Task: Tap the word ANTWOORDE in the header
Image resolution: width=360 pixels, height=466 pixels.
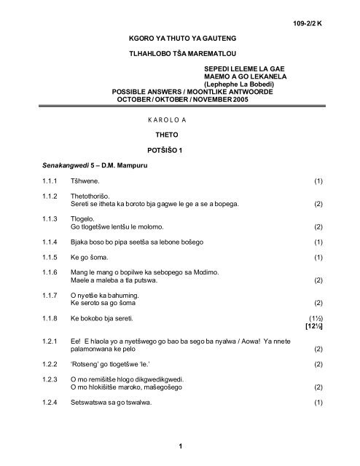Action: (x=255, y=92)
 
